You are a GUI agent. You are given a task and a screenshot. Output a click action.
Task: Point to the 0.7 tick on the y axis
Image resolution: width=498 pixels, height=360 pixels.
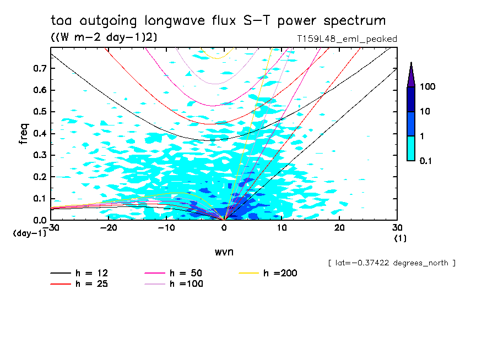[39, 68]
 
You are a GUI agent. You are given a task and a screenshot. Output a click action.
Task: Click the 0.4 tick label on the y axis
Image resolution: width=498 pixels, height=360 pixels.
[39, 134]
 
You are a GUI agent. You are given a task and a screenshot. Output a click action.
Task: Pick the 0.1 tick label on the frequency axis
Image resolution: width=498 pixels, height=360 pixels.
[39, 199]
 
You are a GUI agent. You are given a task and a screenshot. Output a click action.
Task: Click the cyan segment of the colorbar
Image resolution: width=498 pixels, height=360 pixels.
[411, 148]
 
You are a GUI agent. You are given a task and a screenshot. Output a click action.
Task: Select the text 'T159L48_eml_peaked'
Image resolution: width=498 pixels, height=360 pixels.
[347, 39]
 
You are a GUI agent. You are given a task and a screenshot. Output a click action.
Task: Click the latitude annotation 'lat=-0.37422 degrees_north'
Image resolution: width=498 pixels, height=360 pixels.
[391, 263]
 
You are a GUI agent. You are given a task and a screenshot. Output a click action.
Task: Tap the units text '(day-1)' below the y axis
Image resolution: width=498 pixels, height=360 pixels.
[30, 233]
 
